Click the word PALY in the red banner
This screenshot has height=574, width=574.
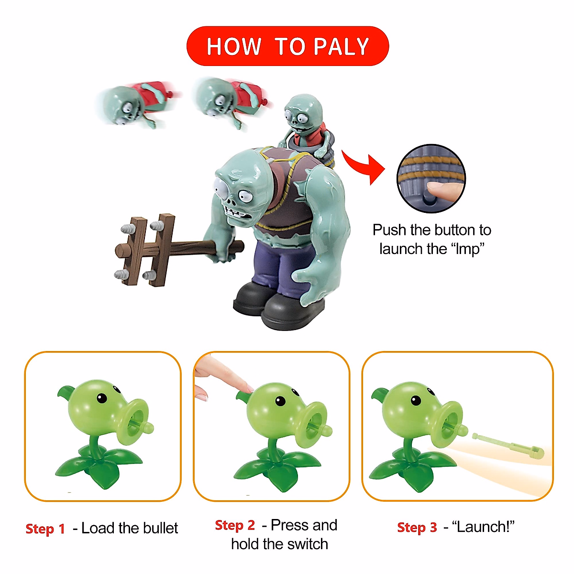coord(341,47)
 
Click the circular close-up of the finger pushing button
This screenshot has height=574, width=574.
coord(431,178)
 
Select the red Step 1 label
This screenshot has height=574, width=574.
coord(45,529)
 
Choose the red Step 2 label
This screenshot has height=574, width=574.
coord(235,525)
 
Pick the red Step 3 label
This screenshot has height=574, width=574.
coord(417,528)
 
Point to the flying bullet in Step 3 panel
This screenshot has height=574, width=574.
coord(508,443)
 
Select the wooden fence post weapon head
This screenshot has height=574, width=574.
coord(144,250)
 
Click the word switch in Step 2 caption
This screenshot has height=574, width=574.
coord(305,544)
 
